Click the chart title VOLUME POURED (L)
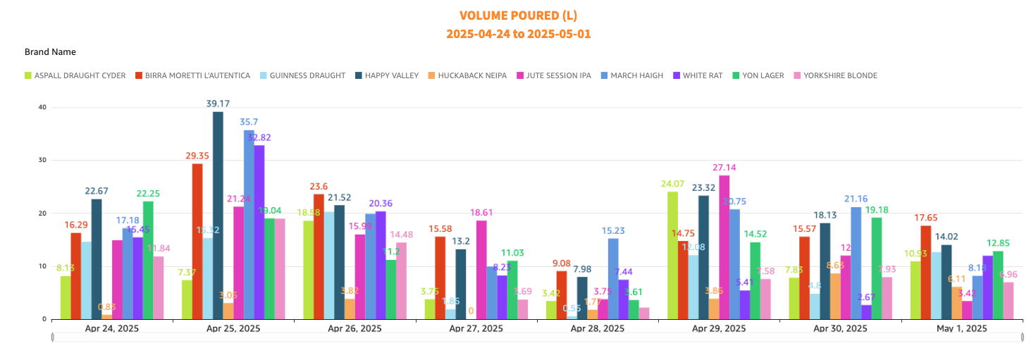click(517, 15)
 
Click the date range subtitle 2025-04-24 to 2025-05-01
click(517, 34)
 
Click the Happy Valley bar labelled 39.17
click(218, 215)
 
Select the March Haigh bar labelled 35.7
click(249, 224)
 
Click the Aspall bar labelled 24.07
click(672, 255)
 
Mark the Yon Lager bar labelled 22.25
click(148, 260)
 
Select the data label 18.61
click(482, 212)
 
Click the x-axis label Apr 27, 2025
click(478, 328)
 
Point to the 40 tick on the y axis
click(42, 107)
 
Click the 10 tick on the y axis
click(42, 266)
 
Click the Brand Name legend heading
click(50, 52)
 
